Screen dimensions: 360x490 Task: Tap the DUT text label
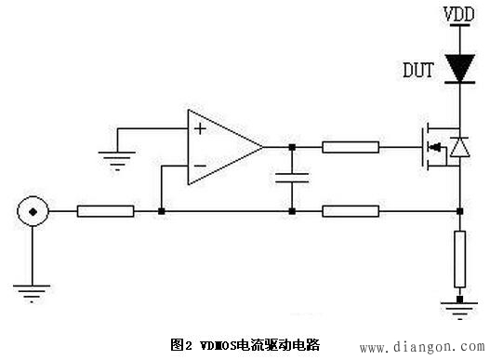tap(418, 70)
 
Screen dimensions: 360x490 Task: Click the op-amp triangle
tap(221, 146)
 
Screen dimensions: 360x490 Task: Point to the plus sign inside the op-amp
tap(199, 128)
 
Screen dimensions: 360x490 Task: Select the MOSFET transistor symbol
tap(434, 147)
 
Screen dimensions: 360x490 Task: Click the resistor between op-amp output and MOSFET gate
tap(351, 146)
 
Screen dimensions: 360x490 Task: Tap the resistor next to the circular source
tap(105, 212)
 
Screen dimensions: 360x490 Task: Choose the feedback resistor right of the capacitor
tap(351, 212)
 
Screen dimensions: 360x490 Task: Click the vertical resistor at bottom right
tap(459, 261)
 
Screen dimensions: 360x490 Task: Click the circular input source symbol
tap(32, 212)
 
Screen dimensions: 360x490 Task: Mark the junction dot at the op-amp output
tap(293, 146)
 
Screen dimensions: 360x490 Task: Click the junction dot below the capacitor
tap(293, 212)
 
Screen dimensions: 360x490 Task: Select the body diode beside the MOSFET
tap(459, 147)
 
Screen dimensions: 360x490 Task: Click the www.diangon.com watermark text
tap(420, 347)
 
